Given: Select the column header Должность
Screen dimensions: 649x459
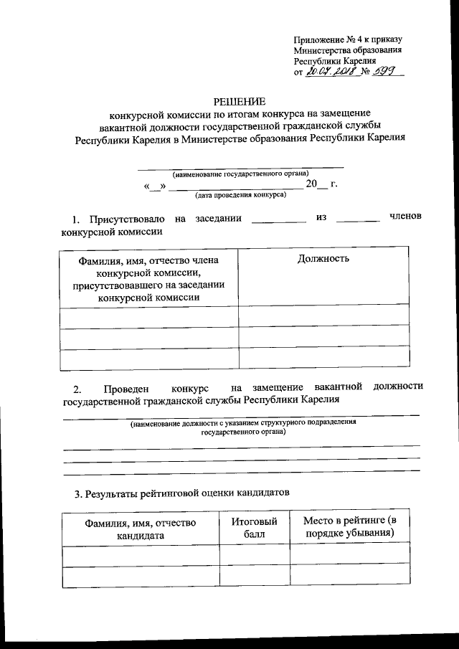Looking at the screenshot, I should (323, 258).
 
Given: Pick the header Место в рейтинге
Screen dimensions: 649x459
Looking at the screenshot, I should (349, 527).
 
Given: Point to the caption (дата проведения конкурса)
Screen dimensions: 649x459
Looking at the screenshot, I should (240, 194).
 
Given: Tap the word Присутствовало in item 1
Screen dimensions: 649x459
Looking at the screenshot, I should (127, 219).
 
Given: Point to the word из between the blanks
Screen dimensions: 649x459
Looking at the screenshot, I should (321, 217).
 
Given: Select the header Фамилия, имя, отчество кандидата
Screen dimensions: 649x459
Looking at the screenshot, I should (140, 529).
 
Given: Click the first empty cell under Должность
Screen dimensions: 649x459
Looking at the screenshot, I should (323, 316).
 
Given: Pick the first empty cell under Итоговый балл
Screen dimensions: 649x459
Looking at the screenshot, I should (254, 554).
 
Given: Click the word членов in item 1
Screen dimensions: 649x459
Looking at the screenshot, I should (406, 217).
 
